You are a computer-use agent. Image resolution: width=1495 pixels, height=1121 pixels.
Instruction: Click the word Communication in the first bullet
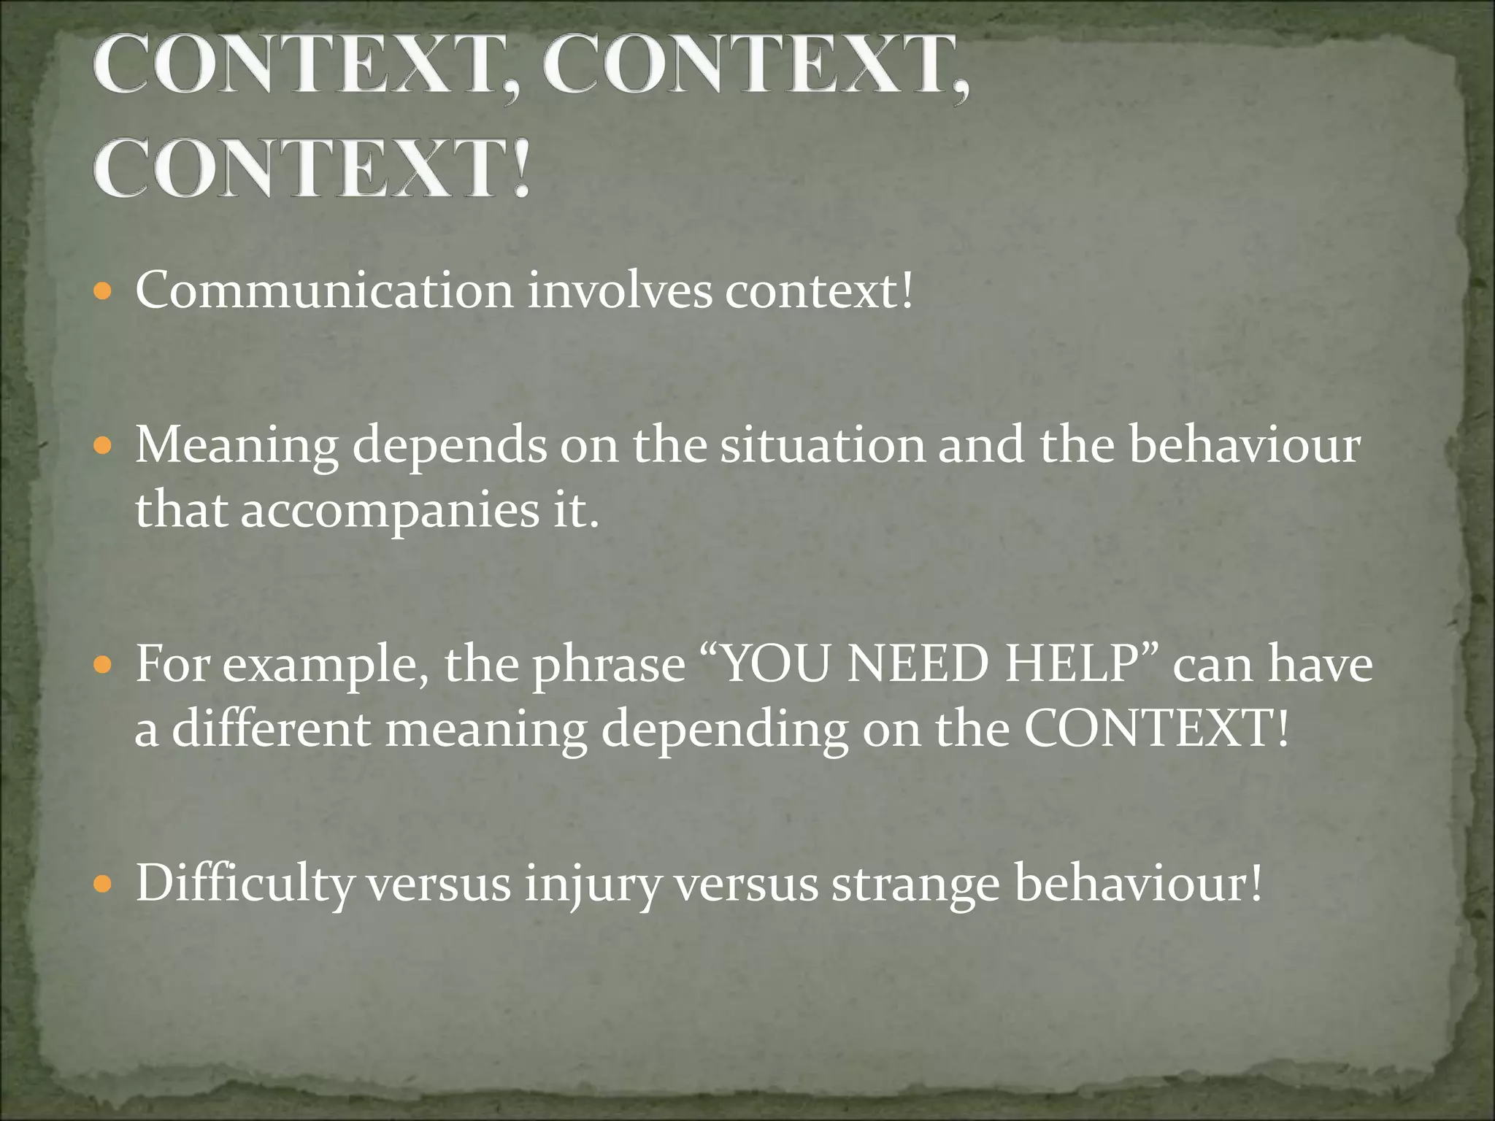325,291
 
